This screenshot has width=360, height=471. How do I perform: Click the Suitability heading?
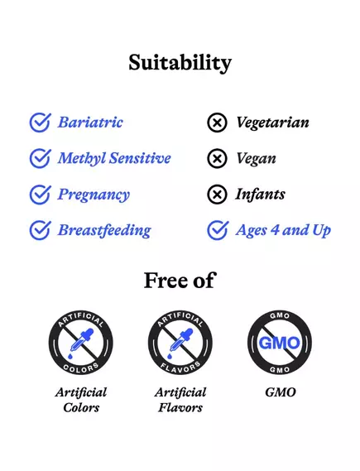180,63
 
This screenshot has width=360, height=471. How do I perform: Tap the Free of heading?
180,280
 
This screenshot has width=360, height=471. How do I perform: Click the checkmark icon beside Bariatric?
40,123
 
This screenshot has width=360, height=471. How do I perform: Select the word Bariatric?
90,123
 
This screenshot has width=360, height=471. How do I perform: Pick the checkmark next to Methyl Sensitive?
40,158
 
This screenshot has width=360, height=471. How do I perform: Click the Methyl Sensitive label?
114,158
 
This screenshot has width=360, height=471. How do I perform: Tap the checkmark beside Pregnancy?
40,195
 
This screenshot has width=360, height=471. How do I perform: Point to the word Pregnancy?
94,195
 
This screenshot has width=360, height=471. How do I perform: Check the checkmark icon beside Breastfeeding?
40,230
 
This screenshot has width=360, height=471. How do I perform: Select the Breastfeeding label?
104,230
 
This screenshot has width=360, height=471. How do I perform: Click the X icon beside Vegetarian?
217,123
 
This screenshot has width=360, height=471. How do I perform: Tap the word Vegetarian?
272,123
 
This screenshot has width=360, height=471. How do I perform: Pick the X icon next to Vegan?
217,159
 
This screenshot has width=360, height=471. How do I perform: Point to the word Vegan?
256,159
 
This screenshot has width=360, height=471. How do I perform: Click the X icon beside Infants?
217,195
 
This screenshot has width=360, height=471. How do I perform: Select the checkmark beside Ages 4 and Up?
217,230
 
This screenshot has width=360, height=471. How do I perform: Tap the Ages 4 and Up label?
283,230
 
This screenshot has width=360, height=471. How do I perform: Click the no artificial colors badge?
80,341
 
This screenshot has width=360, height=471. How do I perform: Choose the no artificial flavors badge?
180,341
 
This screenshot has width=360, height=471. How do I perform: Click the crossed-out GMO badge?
280,341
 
